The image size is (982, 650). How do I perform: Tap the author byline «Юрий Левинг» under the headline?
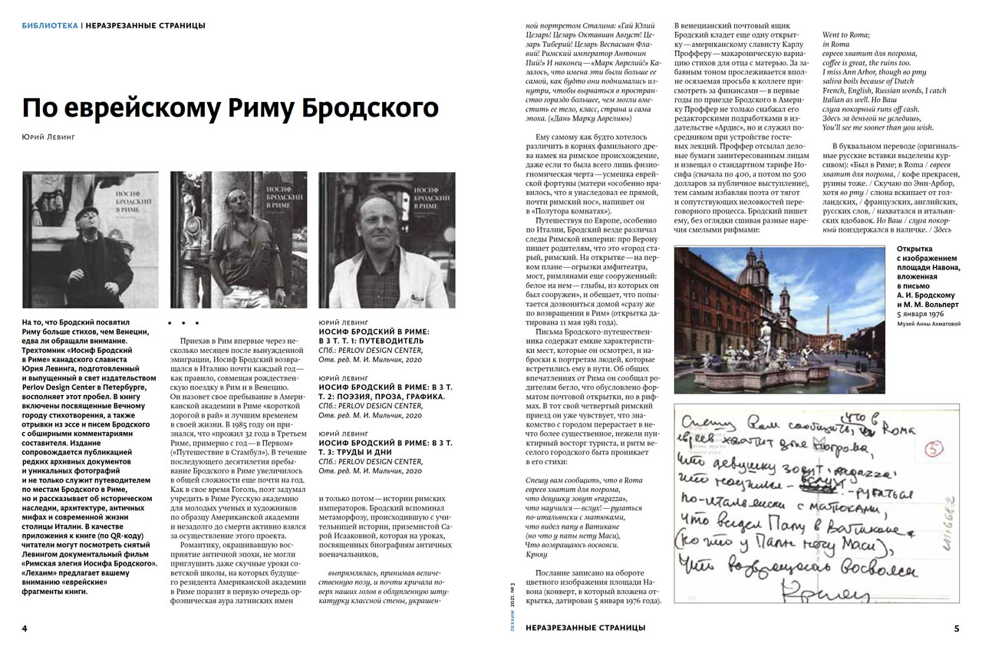click(48, 137)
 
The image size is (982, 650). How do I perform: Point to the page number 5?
click(956, 628)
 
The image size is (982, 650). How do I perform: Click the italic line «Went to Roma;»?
click(847, 35)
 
